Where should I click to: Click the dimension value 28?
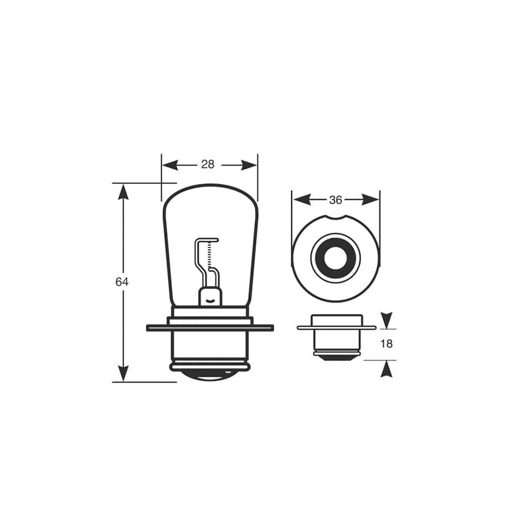[x=208, y=165]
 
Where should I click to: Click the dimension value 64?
[x=122, y=282]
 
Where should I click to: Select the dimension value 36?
[x=336, y=200]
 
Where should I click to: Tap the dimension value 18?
[x=386, y=344]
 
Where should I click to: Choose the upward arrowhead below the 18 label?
[x=386, y=370]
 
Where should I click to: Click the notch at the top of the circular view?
[x=336, y=218]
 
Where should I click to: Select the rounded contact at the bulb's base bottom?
[x=210, y=375]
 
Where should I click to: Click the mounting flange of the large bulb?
[x=210, y=328]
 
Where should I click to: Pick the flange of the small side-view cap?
[x=336, y=328]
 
